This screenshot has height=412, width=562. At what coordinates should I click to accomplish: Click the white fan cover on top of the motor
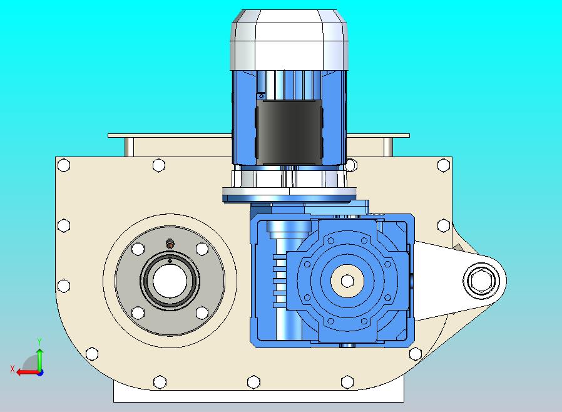(x=289, y=39)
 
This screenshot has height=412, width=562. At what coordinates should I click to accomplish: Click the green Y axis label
(x=39, y=341)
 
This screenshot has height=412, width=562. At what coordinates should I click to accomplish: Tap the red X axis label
(x=13, y=369)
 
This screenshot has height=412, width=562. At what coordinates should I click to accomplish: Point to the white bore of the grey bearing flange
(x=170, y=281)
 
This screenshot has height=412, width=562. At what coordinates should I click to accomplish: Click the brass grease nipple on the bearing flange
(x=170, y=245)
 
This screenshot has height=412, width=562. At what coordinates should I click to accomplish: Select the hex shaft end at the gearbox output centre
(x=347, y=281)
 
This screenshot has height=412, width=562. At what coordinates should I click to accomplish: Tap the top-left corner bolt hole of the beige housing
(x=64, y=165)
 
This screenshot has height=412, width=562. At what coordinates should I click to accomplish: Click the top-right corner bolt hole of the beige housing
(x=444, y=165)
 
